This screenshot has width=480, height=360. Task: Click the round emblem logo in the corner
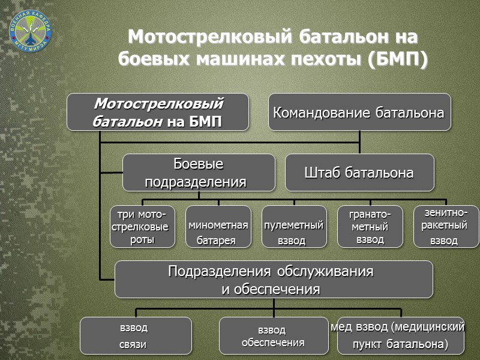tap(31, 31)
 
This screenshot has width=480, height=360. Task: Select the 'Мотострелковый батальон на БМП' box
tap(157, 112)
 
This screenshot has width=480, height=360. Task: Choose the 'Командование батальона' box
tap(359, 112)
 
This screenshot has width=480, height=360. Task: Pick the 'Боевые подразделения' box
tap(199, 173)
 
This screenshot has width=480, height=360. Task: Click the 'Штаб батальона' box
tap(359, 173)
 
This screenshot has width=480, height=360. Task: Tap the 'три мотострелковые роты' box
tap(142, 227)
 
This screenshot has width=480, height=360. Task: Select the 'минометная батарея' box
tap(218, 227)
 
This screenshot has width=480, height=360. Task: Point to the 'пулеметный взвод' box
tap(294, 227)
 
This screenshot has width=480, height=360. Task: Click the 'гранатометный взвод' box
tap(370, 227)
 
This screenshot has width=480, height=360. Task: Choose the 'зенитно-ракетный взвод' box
tap(446, 227)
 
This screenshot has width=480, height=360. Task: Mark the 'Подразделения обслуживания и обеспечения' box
tap(274, 280)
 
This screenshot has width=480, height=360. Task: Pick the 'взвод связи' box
tap(136, 336)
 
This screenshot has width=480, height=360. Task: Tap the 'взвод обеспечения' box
tap(274, 336)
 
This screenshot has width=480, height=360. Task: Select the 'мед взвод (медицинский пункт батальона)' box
tap(400, 336)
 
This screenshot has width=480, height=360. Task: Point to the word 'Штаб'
tap(323, 173)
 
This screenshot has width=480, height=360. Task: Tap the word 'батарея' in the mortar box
tap(216, 241)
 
